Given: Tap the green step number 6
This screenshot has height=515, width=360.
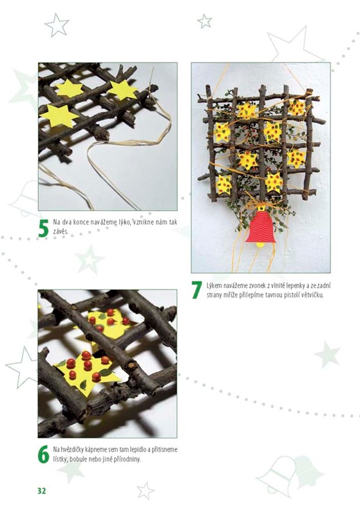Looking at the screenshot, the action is click(43, 454).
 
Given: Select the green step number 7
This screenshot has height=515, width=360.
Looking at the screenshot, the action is click(196, 289).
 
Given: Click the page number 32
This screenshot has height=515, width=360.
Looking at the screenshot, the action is click(42, 491).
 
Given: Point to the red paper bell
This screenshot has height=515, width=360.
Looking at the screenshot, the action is click(261, 228).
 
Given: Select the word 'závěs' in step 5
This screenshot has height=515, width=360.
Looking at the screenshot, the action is click(61, 231).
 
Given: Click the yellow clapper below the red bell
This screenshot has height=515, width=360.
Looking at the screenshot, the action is click(260, 244).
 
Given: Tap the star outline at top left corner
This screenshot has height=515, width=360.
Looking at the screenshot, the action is click(57, 24).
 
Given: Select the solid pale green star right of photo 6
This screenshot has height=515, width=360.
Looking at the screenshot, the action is click(327, 355).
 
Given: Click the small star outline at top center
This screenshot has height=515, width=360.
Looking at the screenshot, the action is click(204, 21).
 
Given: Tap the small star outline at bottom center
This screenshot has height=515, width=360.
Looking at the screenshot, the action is click(146, 491).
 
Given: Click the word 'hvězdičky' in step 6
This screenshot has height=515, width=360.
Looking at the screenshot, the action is click(71, 450).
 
